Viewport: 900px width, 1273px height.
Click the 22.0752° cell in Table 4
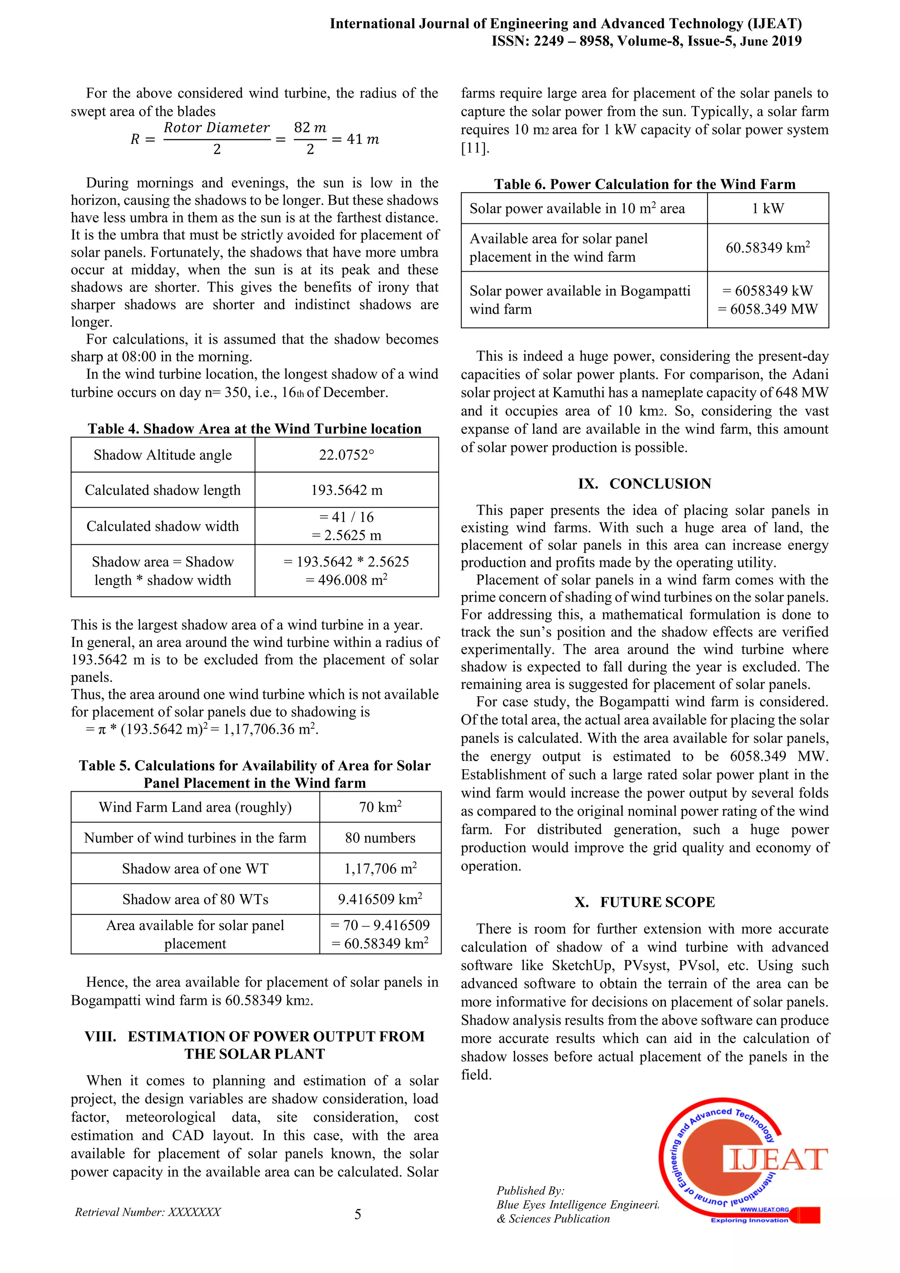pyautogui.click(x=346, y=455)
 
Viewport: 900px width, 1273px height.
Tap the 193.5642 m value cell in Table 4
pyautogui.click(x=346, y=490)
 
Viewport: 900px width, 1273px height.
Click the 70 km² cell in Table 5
pyautogui.click(x=380, y=807)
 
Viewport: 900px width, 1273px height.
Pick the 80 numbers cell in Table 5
pyautogui.click(x=380, y=838)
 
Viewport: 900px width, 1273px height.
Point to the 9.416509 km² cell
pyautogui.click(x=380, y=899)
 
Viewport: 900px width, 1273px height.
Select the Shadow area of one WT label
pyautogui.click(x=195, y=869)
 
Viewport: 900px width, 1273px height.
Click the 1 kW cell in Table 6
pyautogui.click(x=768, y=208)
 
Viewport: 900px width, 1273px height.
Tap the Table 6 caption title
pyautogui.click(x=645, y=184)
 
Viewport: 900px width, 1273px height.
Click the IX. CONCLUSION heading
pyautogui.click(x=645, y=484)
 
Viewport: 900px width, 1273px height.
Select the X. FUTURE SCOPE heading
pyautogui.click(x=645, y=902)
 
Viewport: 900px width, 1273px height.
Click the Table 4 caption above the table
pyautogui.click(x=254, y=429)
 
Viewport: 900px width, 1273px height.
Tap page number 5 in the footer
pyautogui.click(x=357, y=1214)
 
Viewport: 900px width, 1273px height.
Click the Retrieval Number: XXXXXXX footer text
pyautogui.click(x=148, y=1212)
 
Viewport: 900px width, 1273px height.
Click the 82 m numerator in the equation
pyautogui.click(x=310, y=127)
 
